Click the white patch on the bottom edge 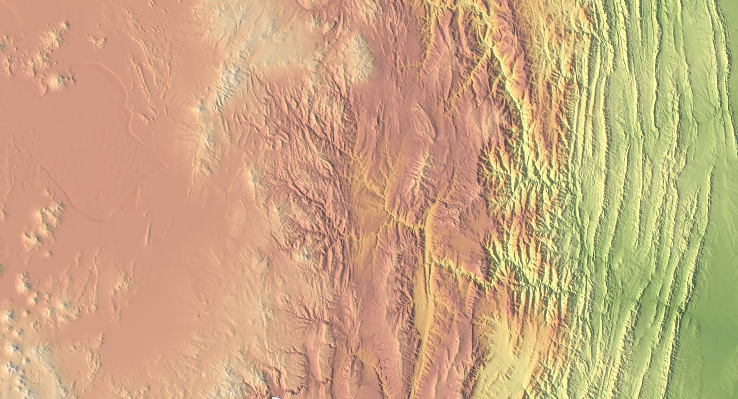275,397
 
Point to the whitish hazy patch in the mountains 494,118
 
